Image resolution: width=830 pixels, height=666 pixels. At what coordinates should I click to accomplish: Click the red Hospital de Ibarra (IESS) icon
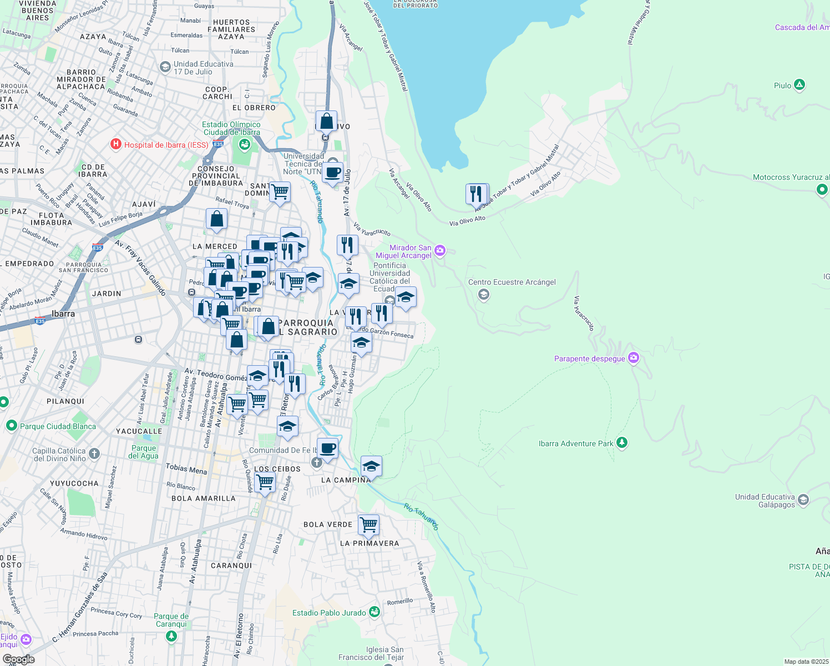coord(116,144)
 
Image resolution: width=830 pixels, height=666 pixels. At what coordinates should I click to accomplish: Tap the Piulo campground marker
coord(799,85)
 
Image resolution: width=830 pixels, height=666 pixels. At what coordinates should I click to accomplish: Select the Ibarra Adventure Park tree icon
coord(622,442)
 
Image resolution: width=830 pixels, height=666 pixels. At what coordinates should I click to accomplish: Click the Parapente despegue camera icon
coord(634,358)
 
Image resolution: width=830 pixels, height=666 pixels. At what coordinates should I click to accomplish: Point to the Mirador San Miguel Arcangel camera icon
coord(440,250)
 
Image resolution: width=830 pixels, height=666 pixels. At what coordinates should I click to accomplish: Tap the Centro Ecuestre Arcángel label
coord(512,282)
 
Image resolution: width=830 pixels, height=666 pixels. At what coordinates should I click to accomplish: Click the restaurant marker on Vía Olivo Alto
coord(477,194)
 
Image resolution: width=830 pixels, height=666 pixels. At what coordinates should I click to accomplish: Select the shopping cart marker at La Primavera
coord(368,524)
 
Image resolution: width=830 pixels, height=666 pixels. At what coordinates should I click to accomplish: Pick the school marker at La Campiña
coord(371,467)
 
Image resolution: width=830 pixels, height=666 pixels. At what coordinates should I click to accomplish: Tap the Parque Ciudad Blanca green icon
coord(12,426)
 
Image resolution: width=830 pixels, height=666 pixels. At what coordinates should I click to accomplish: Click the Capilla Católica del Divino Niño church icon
coord(94,453)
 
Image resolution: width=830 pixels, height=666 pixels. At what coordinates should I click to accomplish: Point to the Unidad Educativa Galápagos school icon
coord(803,500)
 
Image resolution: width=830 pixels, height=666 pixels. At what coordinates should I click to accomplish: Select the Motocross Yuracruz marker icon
coord(822,189)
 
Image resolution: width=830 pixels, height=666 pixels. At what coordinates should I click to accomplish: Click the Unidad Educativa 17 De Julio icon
coord(165,67)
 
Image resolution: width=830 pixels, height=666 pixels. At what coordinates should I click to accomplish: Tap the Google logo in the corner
coord(18,659)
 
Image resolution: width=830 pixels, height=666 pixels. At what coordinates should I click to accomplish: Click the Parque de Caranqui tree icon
coord(171,635)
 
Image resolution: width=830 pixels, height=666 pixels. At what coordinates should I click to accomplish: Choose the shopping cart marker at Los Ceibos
coord(265,482)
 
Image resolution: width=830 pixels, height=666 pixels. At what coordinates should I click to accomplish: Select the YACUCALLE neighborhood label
coord(139,431)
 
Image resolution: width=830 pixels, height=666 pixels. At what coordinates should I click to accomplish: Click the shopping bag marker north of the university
coord(327,121)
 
